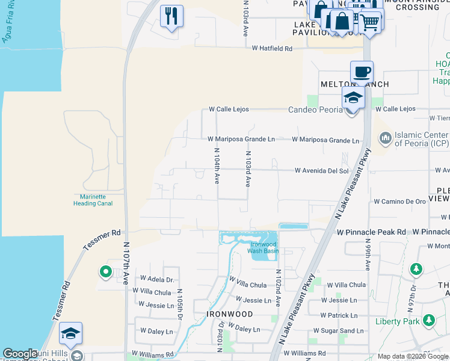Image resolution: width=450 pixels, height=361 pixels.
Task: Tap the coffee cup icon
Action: pos(362,72)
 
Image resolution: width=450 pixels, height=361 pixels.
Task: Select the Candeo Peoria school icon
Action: pos(353,97)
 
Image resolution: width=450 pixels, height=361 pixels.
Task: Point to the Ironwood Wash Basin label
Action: pos(265,247)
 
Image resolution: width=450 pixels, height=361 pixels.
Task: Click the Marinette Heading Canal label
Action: pos(93,200)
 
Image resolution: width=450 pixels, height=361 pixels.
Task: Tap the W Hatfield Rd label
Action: pos(272,48)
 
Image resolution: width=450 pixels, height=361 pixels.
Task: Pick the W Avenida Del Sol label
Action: pos(322,171)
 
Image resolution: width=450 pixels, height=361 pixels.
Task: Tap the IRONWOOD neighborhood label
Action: pos(230,314)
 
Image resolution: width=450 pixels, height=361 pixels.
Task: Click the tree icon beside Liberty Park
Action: pos(429,320)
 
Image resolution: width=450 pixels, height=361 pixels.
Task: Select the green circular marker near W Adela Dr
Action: pos(106,273)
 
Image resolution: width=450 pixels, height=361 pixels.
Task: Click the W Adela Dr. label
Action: pos(157,279)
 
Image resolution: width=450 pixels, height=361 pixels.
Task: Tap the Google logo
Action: pos(20,354)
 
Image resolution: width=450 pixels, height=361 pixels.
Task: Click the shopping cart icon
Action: pos(370,22)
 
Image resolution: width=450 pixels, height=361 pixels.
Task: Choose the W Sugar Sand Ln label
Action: pos(338,331)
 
